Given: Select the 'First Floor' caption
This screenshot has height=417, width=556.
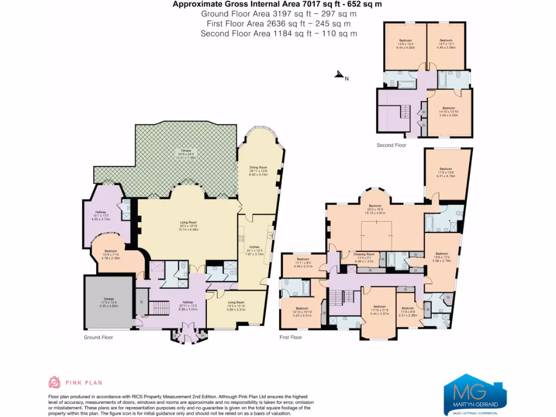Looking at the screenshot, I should [x=290, y=337].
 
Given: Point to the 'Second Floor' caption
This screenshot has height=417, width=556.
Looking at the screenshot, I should [x=391, y=146].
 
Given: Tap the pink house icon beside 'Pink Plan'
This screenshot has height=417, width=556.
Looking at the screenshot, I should [x=55, y=382].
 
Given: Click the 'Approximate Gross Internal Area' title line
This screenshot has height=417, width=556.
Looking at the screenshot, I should [x=277, y=4].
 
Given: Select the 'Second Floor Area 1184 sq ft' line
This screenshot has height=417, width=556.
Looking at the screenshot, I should [x=279, y=34].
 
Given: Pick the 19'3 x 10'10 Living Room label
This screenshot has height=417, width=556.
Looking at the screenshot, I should [x=236, y=305].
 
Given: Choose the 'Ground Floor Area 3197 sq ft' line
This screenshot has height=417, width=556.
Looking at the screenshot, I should [x=278, y=14].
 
